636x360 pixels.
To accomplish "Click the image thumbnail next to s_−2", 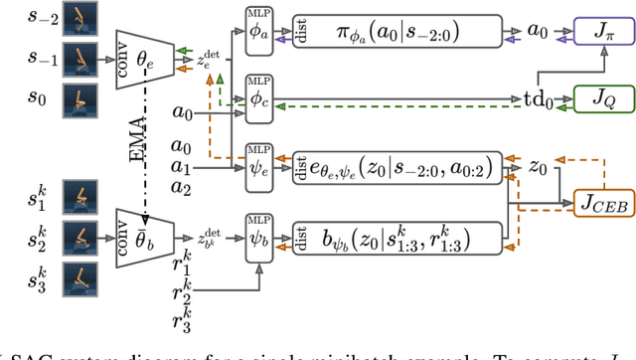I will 80,17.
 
